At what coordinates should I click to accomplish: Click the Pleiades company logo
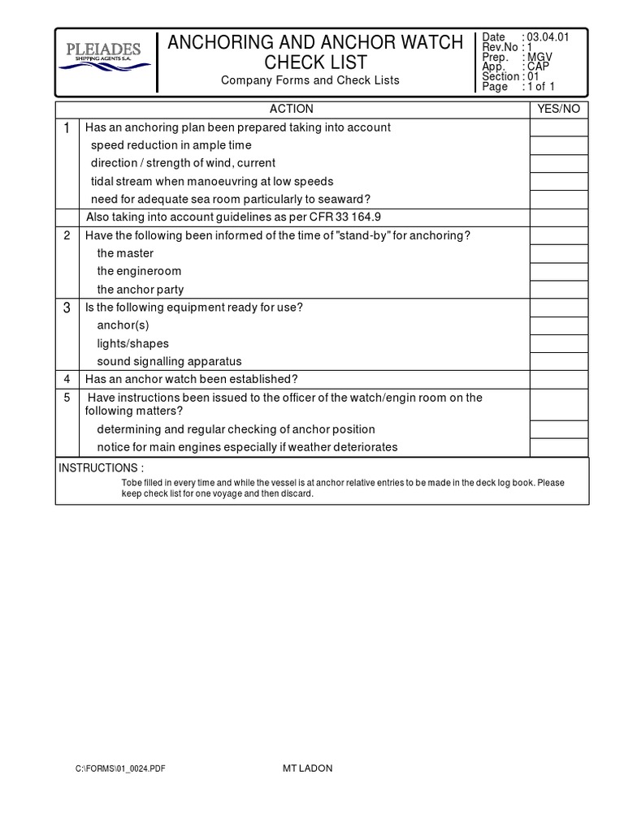[x=105, y=58]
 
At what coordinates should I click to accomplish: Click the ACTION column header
[x=292, y=109]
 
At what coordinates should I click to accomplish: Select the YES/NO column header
[x=559, y=109]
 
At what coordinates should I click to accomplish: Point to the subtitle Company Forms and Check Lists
[x=310, y=80]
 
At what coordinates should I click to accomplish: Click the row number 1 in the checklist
[x=67, y=128]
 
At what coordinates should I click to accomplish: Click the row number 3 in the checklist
[x=67, y=308]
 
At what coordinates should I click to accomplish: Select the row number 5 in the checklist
[x=67, y=398]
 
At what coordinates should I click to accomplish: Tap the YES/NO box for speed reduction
[x=559, y=146]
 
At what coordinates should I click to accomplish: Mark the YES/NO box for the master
[x=559, y=253]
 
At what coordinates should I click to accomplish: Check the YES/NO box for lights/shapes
[x=559, y=343]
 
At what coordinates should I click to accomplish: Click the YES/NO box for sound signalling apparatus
[x=559, y=361]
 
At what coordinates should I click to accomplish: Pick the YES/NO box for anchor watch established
[x=559, y=379]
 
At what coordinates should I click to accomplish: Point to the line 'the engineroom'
[x=139, y=271]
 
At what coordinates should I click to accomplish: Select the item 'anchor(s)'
[x=123, y=325]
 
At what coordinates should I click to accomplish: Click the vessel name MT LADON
[x=301, y=769]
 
